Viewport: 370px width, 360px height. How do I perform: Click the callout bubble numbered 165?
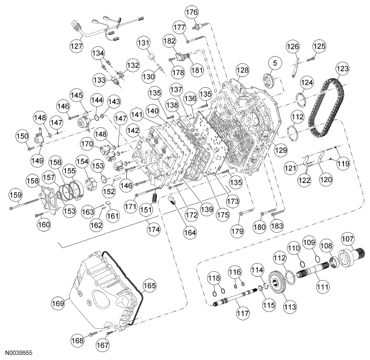(x=148, y=286)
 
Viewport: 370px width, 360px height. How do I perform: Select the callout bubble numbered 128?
(x=243, y=70)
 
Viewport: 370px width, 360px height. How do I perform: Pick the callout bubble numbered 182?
(x=168, y=41)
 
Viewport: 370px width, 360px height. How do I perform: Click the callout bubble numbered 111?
(x=322, y=286)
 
